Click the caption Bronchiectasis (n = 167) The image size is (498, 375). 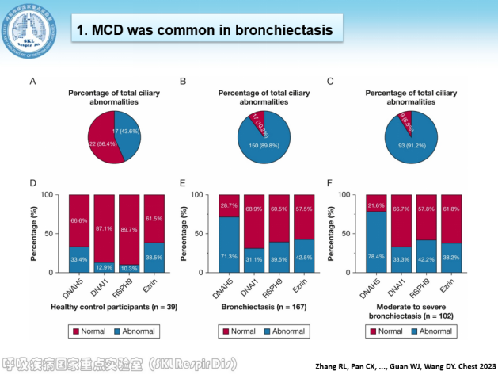255,306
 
